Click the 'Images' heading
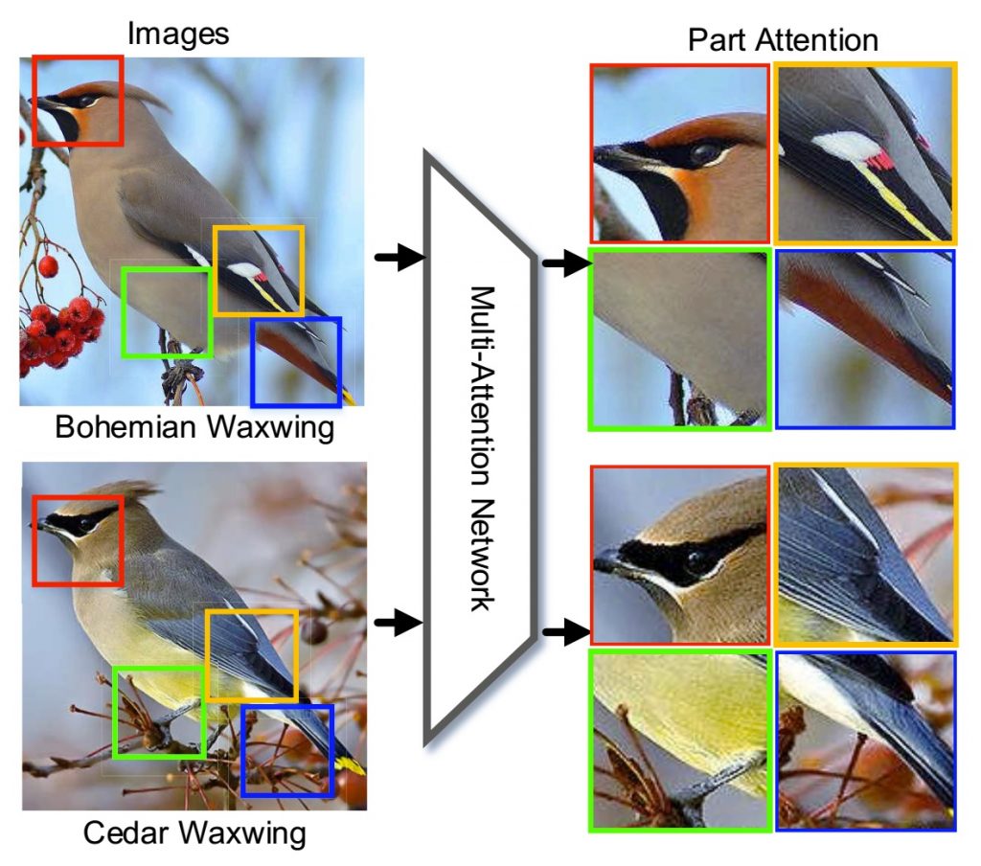pos(178,34)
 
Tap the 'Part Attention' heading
pos(782,39)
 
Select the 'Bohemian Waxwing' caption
pos(194,426)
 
